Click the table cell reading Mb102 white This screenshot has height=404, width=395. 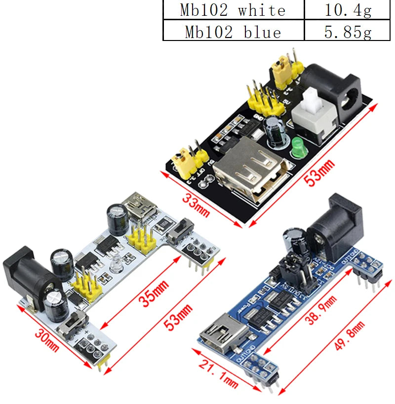tap(233, 10)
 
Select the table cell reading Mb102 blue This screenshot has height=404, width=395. tap(233, 32)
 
